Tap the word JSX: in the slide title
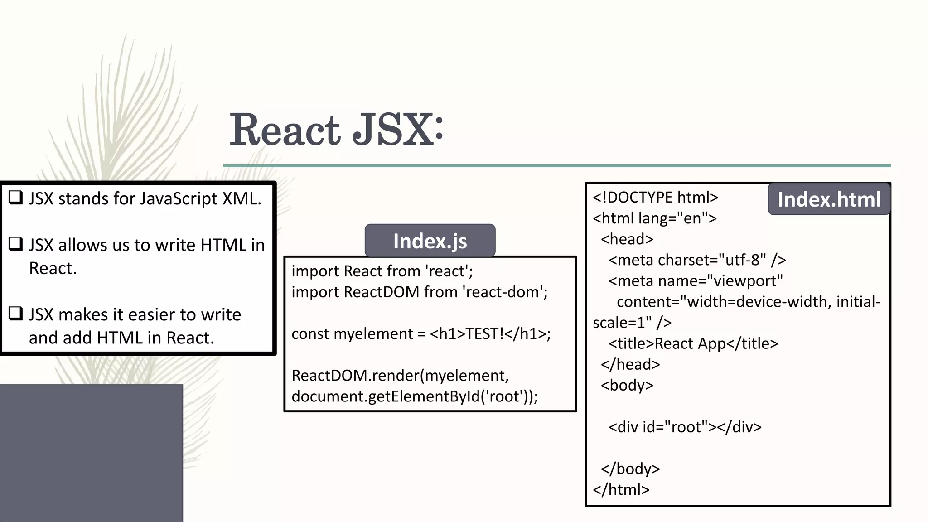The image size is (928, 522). (398, 130)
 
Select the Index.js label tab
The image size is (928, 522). (430, 241)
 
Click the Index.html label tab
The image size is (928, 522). (829, 199)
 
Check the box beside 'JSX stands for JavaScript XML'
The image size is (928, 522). (16, 198)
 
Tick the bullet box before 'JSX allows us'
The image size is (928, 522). (16, 244)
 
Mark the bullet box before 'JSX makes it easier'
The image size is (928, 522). (16, 314)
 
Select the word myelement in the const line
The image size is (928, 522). (373, 334)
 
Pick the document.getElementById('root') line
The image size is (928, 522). (414, 396)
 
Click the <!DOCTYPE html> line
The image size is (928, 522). (655, 198)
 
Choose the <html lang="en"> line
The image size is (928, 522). (655, 218)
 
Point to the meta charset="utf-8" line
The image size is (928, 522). (697, 260)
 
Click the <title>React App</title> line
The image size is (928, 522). (693, 343)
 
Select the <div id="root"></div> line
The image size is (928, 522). (685, 427)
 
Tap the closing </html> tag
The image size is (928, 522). (621, 489)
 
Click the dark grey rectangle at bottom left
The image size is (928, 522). (91, 453)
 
